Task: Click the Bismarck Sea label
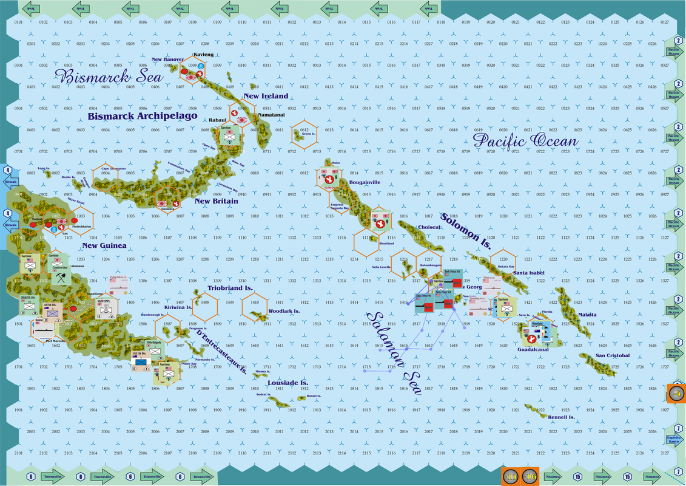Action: [109, 77]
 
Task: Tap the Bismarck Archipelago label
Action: [143, 115]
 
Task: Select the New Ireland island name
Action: [266, 96]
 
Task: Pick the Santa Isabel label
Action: [528, 273]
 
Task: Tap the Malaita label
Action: [587, 314]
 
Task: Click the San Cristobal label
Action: [613, 355]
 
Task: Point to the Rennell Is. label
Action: [561, 417]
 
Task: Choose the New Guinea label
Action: [104, 245]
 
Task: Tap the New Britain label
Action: [217, 200]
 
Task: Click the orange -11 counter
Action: [511, 476]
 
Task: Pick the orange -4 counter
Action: [676, 393]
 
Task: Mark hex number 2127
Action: [665, 453]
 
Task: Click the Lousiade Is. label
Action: [288, 383]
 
